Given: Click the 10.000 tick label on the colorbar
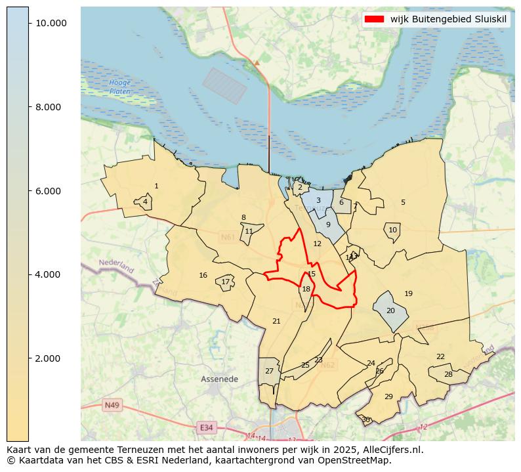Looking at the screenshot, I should coord(51,23).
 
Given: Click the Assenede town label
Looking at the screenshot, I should coord(219,379).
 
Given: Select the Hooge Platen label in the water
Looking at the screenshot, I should coord(120,87).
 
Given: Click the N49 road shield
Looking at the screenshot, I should coord(111,405).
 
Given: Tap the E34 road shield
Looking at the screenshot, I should coord(206,427).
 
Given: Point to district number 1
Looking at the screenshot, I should coord(156,186).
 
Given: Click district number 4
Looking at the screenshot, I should coord(145,202).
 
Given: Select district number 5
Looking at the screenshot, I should coord(403,203).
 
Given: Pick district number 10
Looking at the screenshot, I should coord(392,230).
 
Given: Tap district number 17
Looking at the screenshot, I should coord(225,282).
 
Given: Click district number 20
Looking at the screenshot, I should coord(390,311).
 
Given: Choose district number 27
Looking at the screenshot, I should coord(269,372).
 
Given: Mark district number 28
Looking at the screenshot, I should coord(448,375).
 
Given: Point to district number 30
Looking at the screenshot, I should coord(365,419).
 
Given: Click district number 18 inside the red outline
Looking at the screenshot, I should coord(306,289).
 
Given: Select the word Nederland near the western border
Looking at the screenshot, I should coord(116,266).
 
